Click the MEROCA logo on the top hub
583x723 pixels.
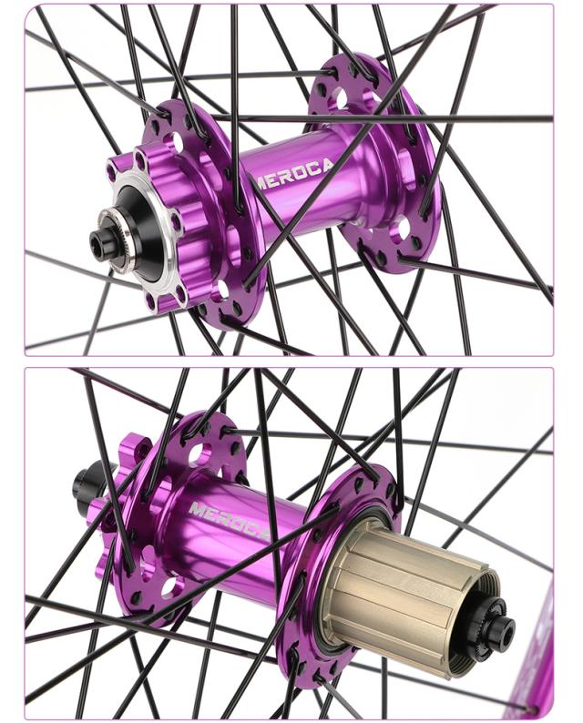click(294, 175)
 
